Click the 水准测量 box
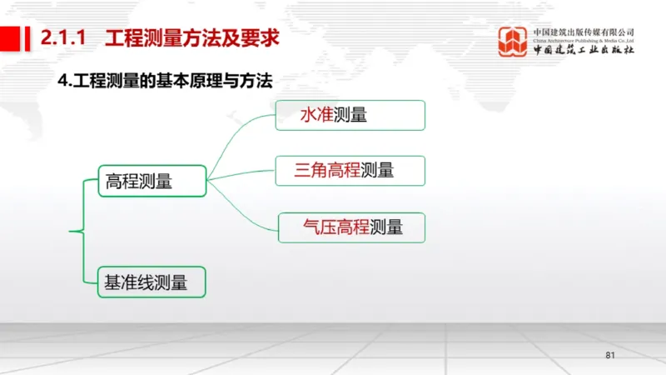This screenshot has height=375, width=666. [x=350, y=115]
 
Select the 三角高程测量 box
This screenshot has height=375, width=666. [x=350, y=170]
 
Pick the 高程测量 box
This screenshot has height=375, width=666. [x=152, y=180]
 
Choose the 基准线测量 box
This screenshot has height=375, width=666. [x=152, y=282]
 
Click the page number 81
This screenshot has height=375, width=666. [x=609, y=356]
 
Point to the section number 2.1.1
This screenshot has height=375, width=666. [x=64, y=37]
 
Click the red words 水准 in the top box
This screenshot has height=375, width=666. [x=316, y=115]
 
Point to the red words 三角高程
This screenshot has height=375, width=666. [x=326, y=170]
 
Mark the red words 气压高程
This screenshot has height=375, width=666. [x=336, y=227]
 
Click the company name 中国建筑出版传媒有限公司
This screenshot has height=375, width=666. [x=584, y=32]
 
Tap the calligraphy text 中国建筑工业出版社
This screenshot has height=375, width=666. [x=584, y=48]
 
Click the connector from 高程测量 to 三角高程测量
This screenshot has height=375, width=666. [x=241, y=173]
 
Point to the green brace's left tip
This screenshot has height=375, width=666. [x=70, y=230]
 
